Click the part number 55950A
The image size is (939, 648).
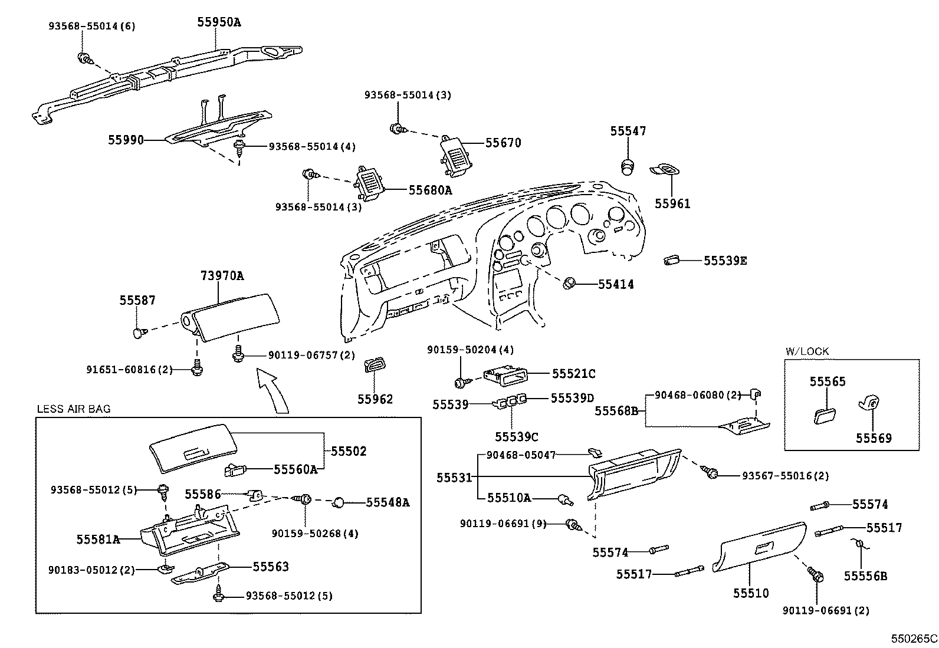point(219,23)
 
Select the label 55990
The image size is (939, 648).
point(126,140)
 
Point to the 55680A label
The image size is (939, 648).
point(430,190)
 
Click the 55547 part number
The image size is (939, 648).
point(628,131)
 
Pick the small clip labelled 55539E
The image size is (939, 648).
point(671,260)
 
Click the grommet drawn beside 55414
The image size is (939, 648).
point(569,284)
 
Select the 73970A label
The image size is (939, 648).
point(222,275)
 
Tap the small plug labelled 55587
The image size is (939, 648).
point(139,334)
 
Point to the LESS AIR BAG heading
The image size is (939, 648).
point(74,409)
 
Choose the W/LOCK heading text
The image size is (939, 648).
point(807,351)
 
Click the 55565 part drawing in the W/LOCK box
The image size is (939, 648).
point(823,415)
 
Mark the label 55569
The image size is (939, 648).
point(874,438)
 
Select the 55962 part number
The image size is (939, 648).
point(375,399)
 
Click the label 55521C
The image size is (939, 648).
point(573,374)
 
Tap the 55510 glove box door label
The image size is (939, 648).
point(751,593)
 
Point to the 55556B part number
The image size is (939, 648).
point(865,576)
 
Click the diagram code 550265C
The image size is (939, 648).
point(914,639)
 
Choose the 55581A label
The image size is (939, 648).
point(98,539)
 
